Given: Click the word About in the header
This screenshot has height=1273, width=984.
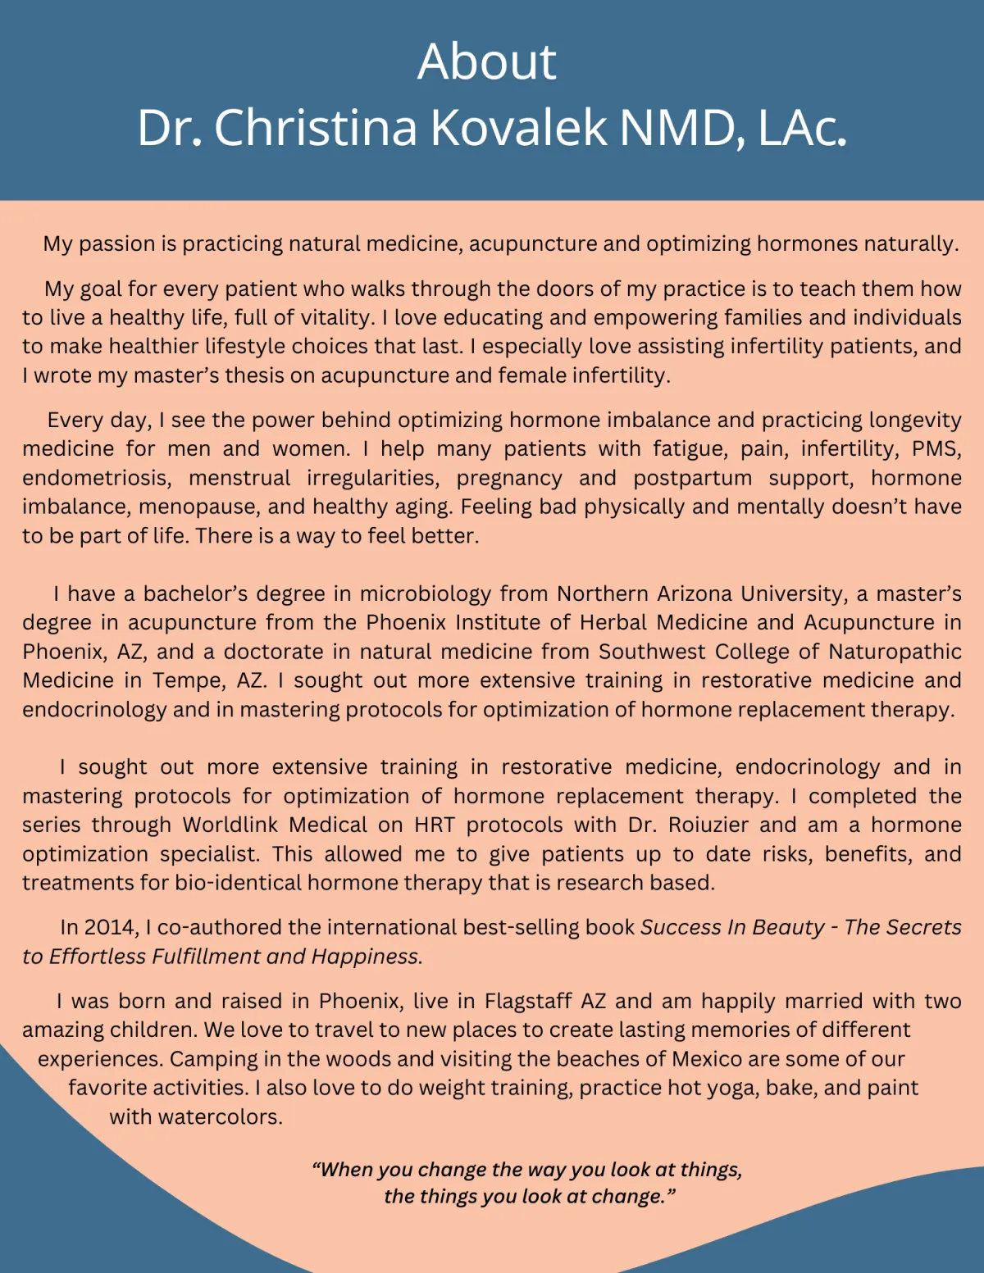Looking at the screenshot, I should tap(486, 61).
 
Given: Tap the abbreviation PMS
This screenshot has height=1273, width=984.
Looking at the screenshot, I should tap(935, 448).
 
